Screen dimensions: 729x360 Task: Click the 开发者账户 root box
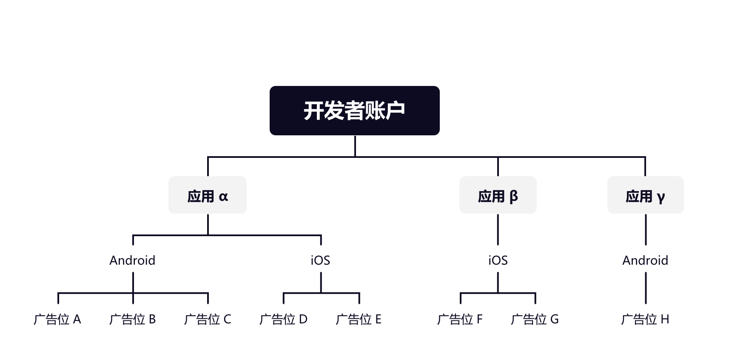(x=354, y=111)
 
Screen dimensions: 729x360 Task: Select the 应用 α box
(x=207, y=195)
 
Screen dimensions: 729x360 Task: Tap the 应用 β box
(x=498, y=195)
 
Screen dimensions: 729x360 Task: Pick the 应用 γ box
(x=645, y=195)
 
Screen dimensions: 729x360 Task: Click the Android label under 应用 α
(x=132, y=260)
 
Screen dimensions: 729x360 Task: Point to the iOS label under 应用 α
(x=321, y=260)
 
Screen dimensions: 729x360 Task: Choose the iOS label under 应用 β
(x=498, y=260)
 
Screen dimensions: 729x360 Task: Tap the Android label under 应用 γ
(x=645, y=260)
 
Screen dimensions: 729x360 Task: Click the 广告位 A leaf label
(x=57, y=319)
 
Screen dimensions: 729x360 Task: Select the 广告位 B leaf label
(x=132, y=319)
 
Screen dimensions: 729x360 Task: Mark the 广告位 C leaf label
(x=208, y=319)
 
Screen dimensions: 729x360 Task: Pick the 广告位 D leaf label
(x=283, y=319)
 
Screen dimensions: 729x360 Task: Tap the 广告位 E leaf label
(x=359, y=319)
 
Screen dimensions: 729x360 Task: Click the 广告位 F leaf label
(x=460, y=319)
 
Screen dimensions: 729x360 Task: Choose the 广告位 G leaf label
(x=535, y=319)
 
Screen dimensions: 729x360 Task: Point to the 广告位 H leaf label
(x=645, y=319)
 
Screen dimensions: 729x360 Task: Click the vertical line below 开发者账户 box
(x=355, y=146)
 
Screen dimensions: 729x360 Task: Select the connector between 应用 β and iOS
(x=498, y=229)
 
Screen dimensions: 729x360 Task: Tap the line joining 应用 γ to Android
(x=646, y=229)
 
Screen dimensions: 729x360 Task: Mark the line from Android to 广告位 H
(x=646, y=288)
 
